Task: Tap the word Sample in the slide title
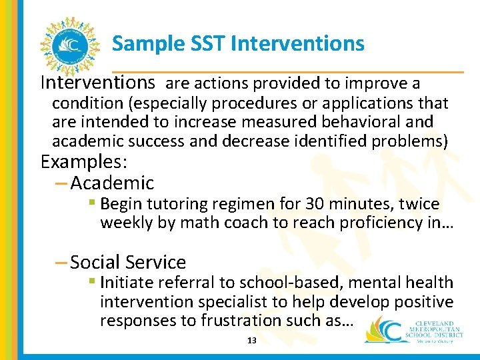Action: coord(139,45)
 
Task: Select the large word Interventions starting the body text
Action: coord(98,83)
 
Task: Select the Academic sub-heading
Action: coord(111,183)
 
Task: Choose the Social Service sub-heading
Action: coord(127,263)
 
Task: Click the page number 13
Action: coord(252,341)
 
